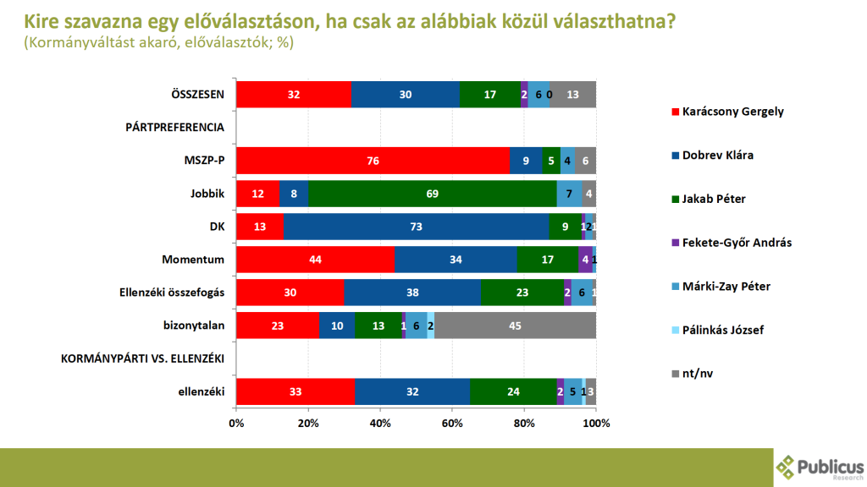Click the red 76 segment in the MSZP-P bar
[x=373, y=160]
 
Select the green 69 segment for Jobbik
[x=433, y=193]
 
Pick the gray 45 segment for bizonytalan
[x=515, y=326]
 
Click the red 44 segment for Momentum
[x=315, y=260]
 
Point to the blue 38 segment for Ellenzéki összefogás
[x=412, y=293]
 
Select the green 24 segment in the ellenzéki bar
[x=513, y=391]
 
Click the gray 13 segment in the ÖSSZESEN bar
[x=572, y=95]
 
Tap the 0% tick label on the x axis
[x=236, y=423]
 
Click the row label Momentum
[x=193, y=260]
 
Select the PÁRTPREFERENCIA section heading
[x=174, y=128]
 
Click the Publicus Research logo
[x=820, y=468]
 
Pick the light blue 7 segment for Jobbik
[x=570, y=193]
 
